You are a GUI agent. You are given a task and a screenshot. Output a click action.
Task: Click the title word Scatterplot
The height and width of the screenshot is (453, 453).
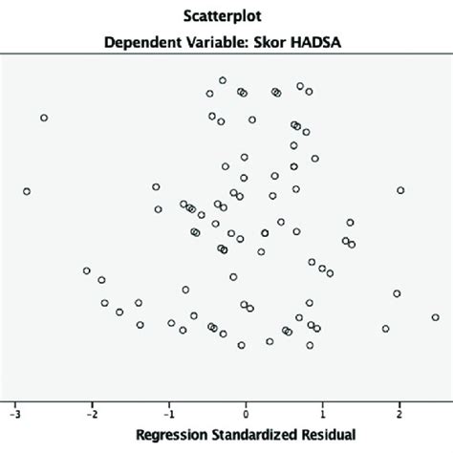click(226, 16)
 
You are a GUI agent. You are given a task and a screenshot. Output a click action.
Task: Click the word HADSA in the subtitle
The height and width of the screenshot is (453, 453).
click(332, 42)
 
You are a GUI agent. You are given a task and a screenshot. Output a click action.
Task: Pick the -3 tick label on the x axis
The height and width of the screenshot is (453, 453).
click(14, 416)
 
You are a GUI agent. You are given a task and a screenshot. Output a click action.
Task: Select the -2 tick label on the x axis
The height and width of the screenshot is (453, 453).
click(91, 416)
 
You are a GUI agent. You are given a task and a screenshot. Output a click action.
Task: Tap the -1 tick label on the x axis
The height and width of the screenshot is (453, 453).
click(168, 416)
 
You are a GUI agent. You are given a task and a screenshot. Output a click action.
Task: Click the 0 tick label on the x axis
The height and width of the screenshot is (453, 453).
click(247, 416)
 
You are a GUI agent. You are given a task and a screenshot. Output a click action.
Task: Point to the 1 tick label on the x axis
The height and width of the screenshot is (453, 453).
click(323, 416)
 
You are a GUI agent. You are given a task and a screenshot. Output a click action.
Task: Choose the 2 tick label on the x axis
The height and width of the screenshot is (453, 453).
click(399, 416)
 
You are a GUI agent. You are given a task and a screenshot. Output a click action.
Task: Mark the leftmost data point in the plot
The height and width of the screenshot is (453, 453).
click(27, 191)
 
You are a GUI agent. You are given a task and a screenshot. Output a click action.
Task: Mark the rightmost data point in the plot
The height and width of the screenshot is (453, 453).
click(435, 317)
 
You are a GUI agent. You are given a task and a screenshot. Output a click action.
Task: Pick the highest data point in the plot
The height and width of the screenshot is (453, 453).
click(223, 80)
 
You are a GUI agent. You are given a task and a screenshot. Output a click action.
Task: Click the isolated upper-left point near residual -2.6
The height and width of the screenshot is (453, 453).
click(44, 118)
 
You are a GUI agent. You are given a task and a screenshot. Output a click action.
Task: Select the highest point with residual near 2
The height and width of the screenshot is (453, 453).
click(400, 190)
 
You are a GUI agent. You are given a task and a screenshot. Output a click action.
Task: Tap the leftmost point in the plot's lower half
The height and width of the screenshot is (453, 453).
click(87, 271)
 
